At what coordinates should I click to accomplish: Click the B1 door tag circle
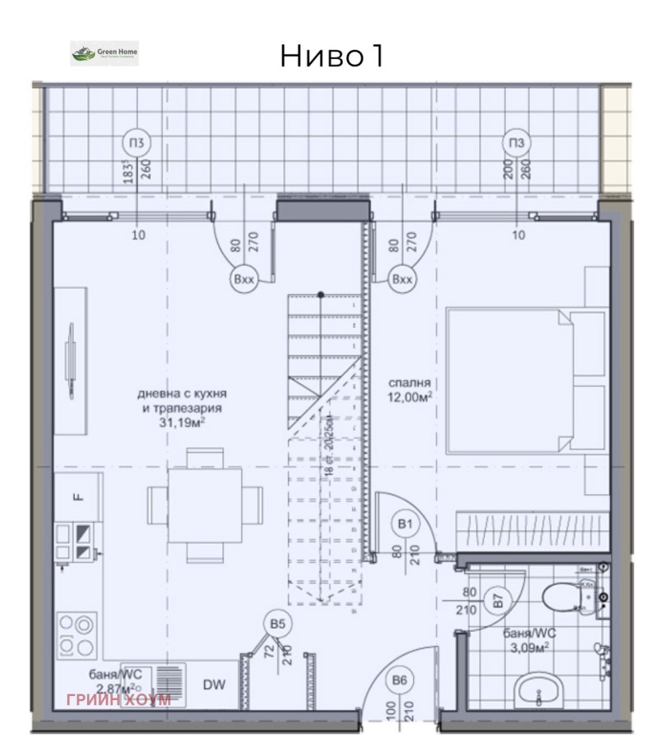404,523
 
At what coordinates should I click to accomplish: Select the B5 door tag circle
278,625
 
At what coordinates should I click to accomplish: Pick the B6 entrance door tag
399,680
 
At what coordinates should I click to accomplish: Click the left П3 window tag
138,144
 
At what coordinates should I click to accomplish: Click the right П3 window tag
516,144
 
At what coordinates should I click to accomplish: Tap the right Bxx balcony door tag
402,279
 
